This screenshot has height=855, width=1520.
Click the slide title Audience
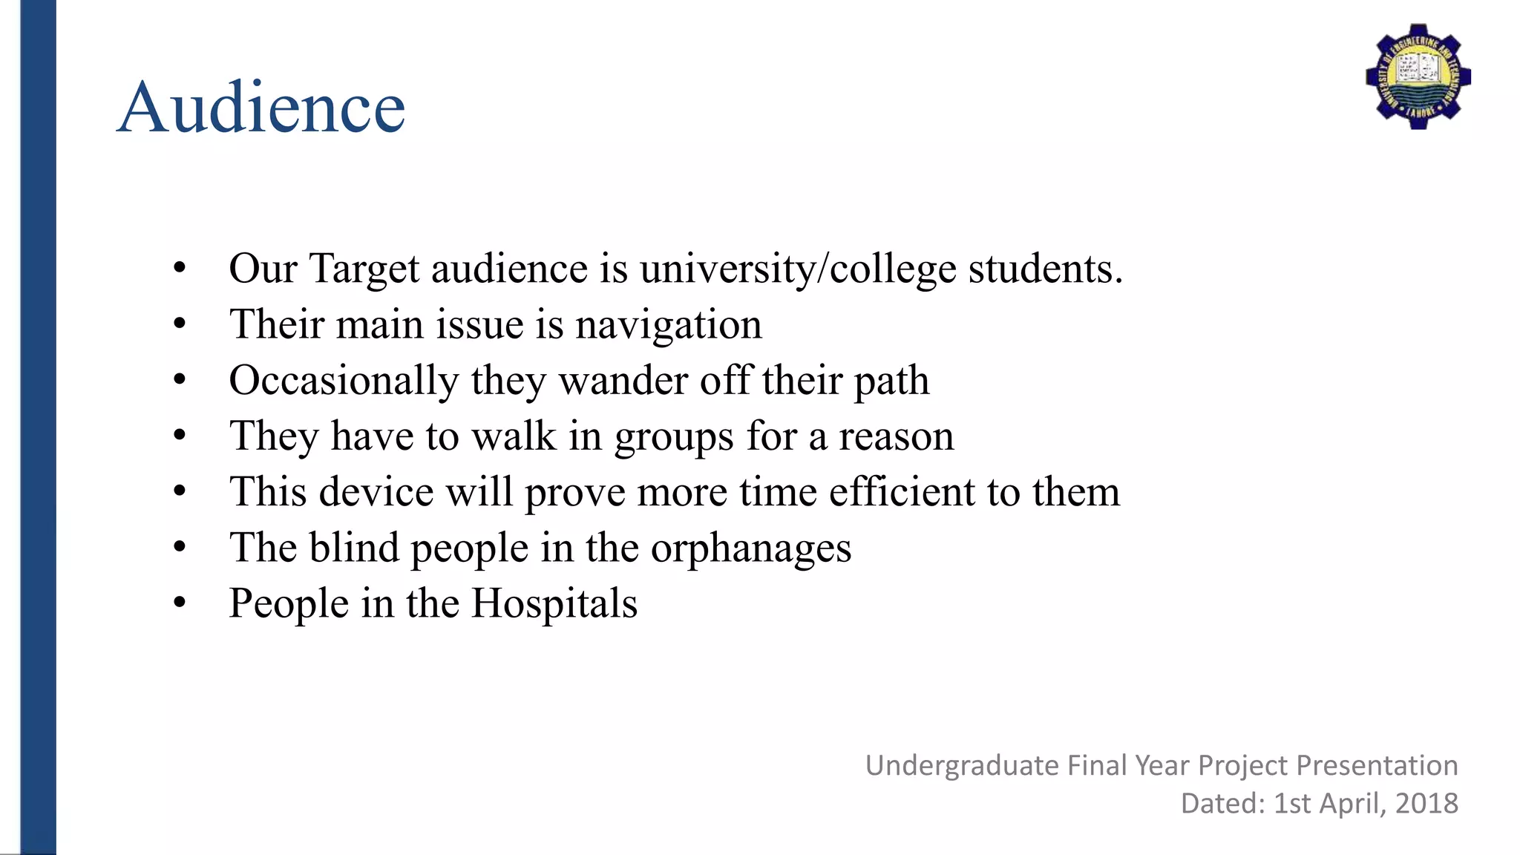point(261,108)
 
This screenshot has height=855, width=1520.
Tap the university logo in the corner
point(1418,76)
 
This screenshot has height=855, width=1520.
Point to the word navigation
point(669,325)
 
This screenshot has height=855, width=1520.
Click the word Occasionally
point(344,381)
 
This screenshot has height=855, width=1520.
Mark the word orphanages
point(751,549)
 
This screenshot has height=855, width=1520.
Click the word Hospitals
point(554,603)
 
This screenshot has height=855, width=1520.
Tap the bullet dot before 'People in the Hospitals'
point(180,603)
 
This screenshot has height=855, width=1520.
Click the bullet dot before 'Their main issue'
point(180,324)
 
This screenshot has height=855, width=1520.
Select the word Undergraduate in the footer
point(962,766)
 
